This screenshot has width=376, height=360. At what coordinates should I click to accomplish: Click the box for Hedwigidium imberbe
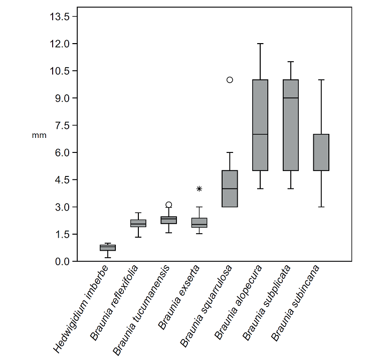(x=108, y=248)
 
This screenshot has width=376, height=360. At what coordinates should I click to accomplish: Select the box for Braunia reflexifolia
(x=138, y=223)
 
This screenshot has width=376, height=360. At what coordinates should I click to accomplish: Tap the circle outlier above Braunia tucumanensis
(x=169, y=205)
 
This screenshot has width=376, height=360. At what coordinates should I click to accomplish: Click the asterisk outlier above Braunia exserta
(x=199, y=189)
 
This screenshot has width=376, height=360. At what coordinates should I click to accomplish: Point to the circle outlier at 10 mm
(x=230, y=80)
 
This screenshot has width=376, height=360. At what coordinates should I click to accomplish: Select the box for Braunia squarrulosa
(x=230, y=189)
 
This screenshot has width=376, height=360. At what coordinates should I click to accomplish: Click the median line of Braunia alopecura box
(x=260, y=134)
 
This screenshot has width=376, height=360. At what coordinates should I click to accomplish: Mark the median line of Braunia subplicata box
(x=291, y=98)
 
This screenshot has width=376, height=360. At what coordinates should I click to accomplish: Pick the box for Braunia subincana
(x=321, y=152)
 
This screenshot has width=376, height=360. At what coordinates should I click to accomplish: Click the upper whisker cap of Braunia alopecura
(x=260, y=44)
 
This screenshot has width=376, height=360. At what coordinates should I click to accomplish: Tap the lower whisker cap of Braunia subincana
(x=321, y=207)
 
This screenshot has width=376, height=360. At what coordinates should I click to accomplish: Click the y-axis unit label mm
(x=39, y=135)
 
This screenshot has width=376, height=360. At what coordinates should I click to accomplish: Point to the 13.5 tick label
(x=59, y=17)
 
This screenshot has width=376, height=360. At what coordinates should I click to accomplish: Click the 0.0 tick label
(x=63, y=261)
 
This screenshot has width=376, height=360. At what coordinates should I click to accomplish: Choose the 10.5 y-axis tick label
(x=59, y=71)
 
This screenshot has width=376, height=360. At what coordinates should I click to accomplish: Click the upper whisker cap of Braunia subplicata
(x=291, y=62)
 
